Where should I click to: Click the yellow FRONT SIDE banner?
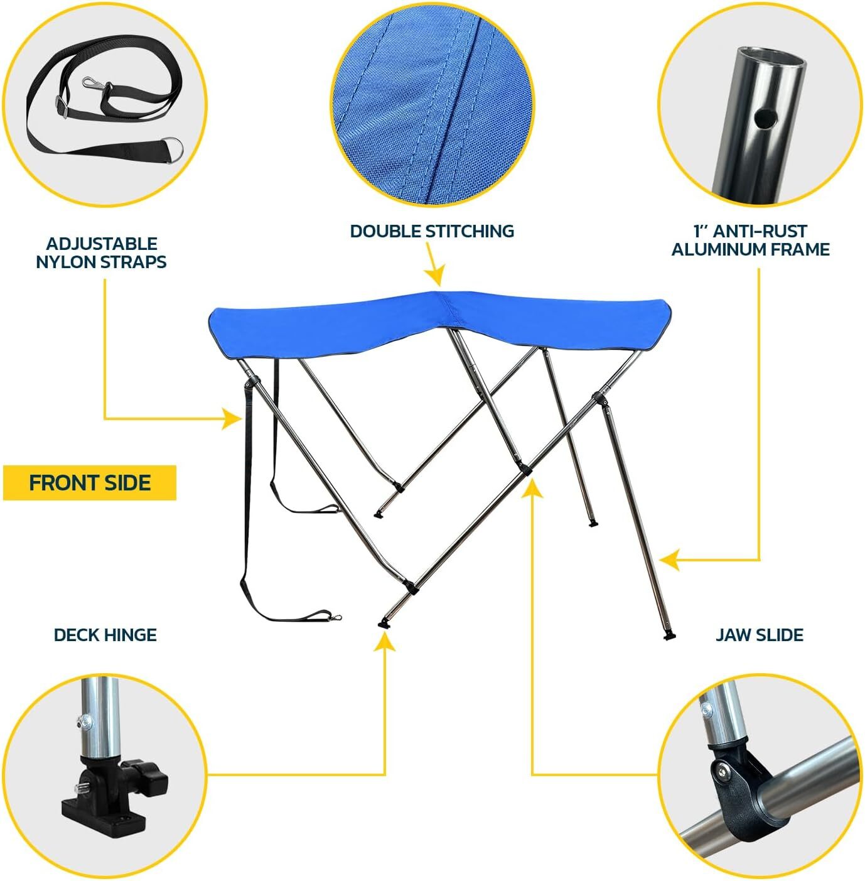(x=90, y=483)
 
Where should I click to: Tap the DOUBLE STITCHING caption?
(x=432, y=231)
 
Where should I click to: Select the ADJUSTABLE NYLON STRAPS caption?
(x=101, y=253)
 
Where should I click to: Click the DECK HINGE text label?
(x=105, y=635)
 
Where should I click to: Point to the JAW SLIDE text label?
(x=760, y=635)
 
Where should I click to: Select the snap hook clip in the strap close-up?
(x=95, y=82)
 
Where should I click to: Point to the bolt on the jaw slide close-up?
(x=723, y=769)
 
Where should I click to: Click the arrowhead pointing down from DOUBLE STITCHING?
(x=434, y=276)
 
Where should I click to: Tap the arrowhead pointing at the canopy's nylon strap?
(x=233, y=418)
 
